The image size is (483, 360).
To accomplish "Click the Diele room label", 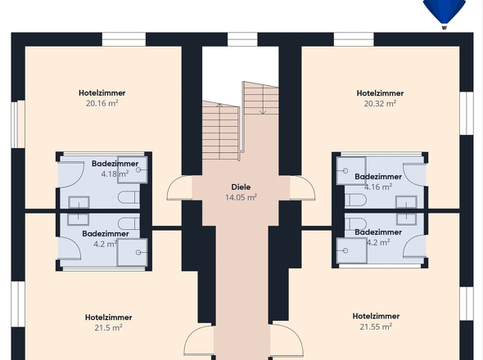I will click(x=241, y=187).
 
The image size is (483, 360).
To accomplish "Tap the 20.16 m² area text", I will click(x=102, y=104).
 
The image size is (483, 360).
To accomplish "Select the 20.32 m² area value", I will click(x=380, y=104).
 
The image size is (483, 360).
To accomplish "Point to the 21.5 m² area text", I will click(x=108, y=327).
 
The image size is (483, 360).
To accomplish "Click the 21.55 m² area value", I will click(x=376, y=326).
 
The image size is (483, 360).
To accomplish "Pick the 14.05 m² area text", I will click(x=241, y=197).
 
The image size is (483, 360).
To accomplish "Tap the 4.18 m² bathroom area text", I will click(x=114, y=174).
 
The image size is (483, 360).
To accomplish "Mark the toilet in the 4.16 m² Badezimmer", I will click(x=354, y=200).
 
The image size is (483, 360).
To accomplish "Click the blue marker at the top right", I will click(x=444, y=11).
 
